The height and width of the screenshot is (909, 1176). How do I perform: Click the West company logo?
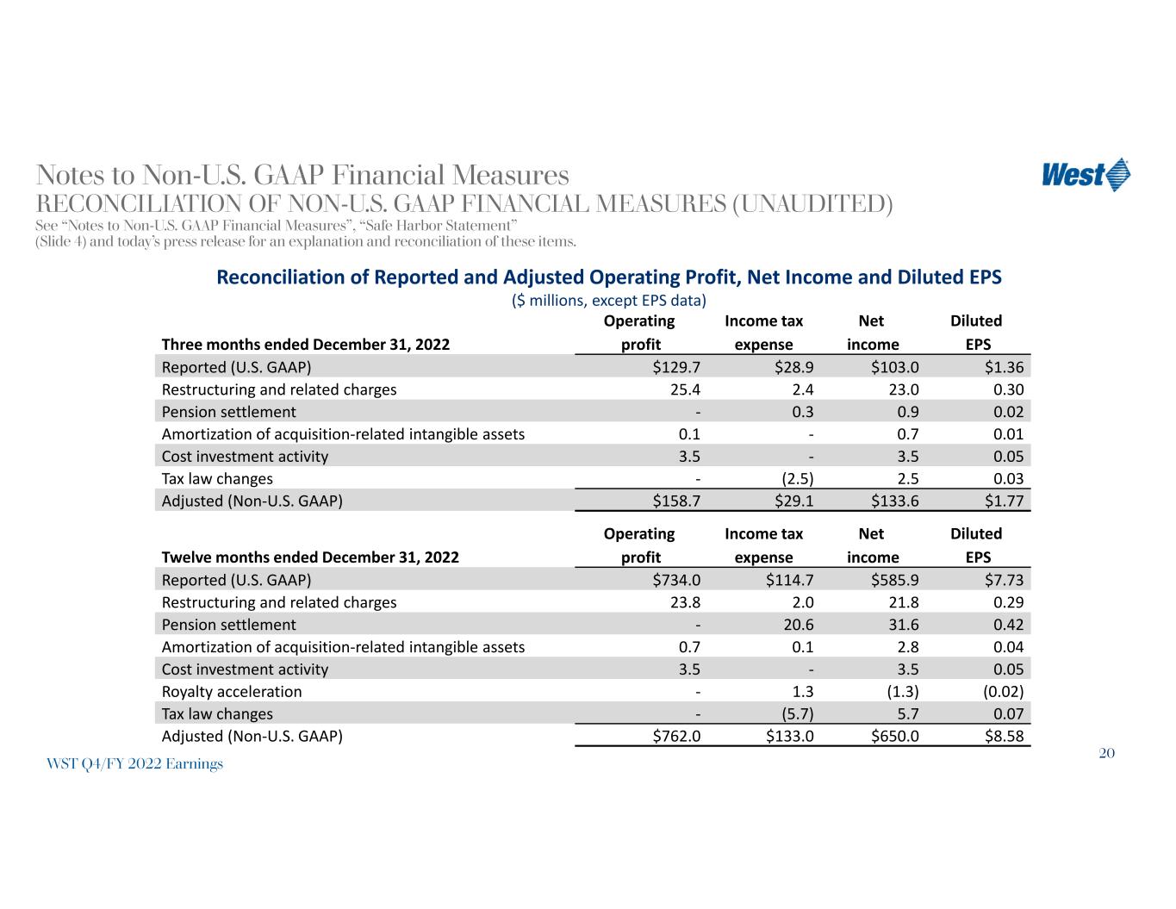coord(1086,175)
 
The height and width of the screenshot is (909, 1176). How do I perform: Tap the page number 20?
coord(1107,754)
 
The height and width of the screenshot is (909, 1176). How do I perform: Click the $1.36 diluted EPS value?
coord(1004,367)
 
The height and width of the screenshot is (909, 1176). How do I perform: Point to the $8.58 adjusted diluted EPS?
coord(1004,737)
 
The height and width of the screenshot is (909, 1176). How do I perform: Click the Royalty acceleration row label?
coord(232,692)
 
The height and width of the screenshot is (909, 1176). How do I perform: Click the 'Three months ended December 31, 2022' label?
coord(306,345)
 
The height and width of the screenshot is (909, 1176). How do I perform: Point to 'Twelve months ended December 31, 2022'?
coord(310,557)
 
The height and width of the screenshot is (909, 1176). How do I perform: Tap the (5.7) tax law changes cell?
coord(795,714)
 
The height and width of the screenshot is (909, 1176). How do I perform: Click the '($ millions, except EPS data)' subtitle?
coord(608,301)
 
